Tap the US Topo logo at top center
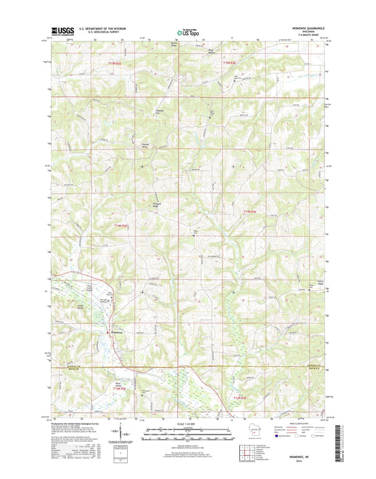188,31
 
